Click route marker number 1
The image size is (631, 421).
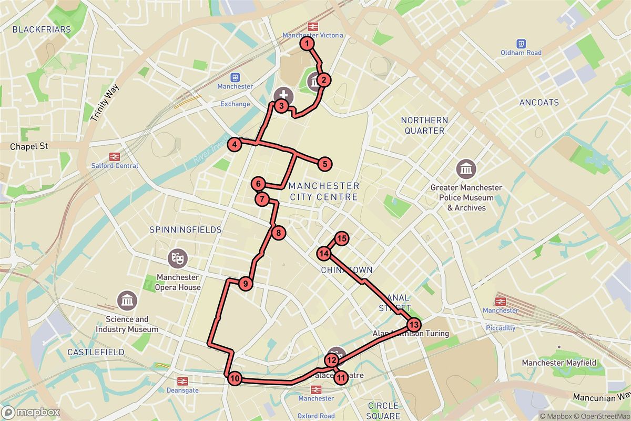pos(307,44)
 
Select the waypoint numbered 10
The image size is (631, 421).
pos(235,378)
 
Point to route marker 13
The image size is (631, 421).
pos(414,324)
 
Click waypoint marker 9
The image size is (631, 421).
pos(245,284)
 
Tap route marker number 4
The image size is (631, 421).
pos(235,144)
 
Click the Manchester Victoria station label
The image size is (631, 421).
pos(312,35)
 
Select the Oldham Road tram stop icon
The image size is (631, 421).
pos(521,43)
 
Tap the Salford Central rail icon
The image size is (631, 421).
pos(113,156)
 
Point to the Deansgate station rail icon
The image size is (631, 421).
pos(182,381)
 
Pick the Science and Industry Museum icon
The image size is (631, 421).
pos(127,301)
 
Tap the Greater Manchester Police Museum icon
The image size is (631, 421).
pos(466,169)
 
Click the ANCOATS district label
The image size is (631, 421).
pos(538,103)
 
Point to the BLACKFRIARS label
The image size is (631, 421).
pos(42,29)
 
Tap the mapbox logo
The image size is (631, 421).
pos(30,412)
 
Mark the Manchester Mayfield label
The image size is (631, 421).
pos(558,363)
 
